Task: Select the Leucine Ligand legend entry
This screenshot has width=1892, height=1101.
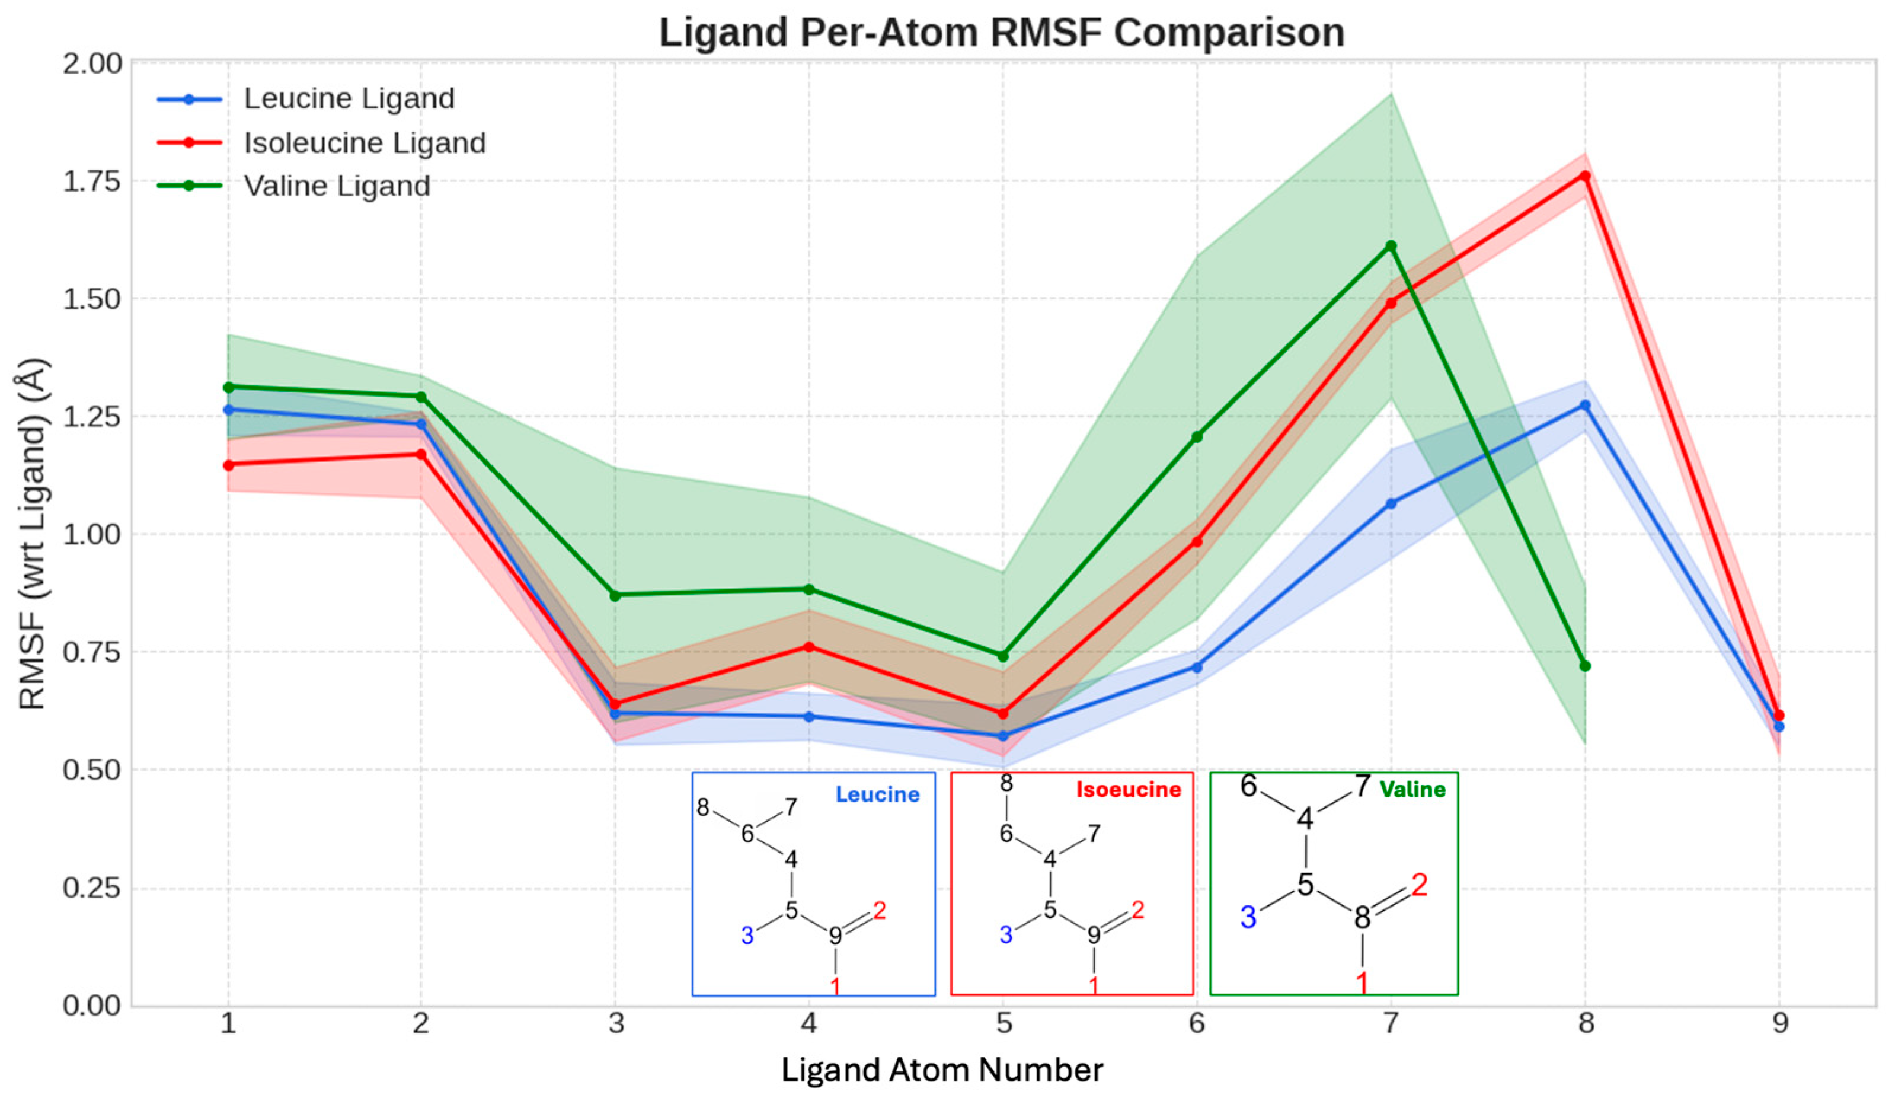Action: (349, 98)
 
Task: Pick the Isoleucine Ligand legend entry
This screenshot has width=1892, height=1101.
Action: (365, 143)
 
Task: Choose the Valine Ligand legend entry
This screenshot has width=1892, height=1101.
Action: (337, 186)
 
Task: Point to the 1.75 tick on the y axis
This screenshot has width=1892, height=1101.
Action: (92, 181)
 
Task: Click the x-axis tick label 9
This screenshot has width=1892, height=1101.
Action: (1780, 1023)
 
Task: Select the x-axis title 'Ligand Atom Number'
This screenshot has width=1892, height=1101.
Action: (942, 1070)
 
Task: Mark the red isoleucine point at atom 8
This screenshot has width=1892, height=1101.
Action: (1585, 175)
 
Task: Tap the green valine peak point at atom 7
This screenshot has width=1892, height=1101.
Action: (1391, 245)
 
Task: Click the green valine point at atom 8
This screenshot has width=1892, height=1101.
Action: (1585, 665)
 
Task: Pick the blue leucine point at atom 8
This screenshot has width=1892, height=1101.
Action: (1585, 405)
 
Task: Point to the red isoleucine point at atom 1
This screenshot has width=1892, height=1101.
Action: (228, 465)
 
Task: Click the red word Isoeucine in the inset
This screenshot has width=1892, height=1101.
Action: (1129, 789)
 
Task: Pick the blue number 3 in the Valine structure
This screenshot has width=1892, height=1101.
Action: (1248, 918)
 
